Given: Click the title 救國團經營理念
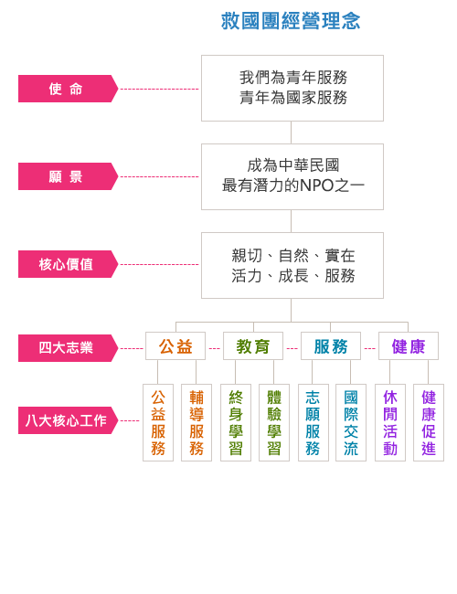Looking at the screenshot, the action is tap(291, 21).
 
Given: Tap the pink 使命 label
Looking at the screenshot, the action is tap(69, 89).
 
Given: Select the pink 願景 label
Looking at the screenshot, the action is tap(69, 176).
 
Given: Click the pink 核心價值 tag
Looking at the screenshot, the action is tap(69, 264).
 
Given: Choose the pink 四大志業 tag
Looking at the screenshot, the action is tap(69, 348).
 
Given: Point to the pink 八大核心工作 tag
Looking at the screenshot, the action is tap(69, 420).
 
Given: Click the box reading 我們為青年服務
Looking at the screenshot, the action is tap(292, 89).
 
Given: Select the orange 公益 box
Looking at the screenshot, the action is tap(175, 345).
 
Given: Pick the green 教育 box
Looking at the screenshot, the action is tap(253, 345).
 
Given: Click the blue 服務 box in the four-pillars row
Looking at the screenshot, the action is tap(331, 345).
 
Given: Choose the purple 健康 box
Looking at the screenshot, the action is tap(409, 345).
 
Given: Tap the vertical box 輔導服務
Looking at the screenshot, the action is tap(197, 423).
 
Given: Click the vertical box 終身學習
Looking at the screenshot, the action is tap(236, 423).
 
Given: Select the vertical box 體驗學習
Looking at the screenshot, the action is tap(274, 423).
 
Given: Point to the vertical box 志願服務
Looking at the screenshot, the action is tap(314, 423).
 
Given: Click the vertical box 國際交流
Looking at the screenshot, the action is tap(351, 423).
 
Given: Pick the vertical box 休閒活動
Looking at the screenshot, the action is tap(390, 423).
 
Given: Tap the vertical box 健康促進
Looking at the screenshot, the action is tap(429, 423).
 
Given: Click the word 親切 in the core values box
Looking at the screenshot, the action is tap(247, 256).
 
